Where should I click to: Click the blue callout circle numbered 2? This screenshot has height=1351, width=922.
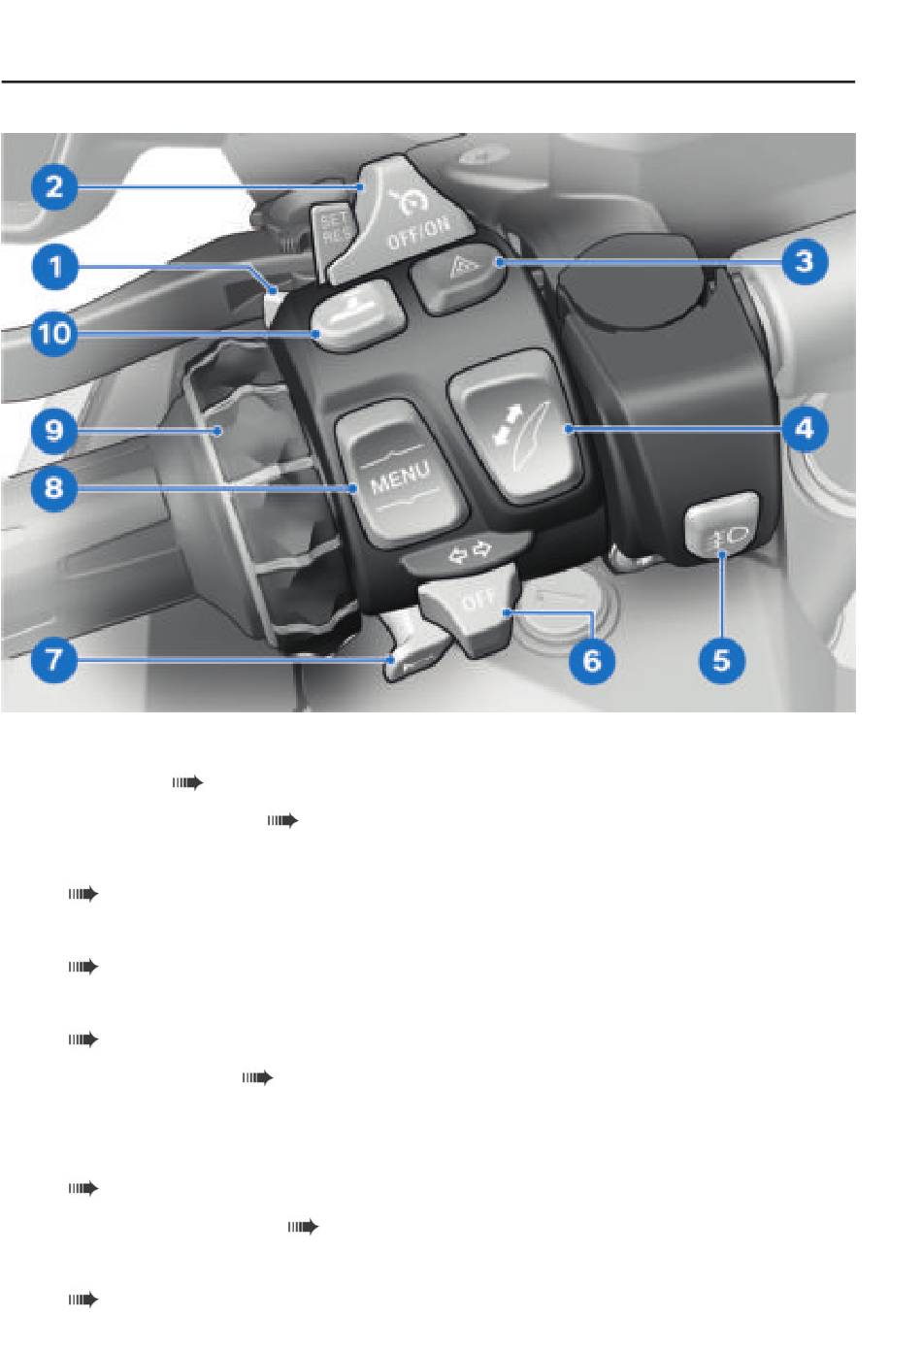54,186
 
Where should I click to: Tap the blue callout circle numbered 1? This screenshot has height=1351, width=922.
54,266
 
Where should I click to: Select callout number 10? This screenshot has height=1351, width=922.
54,332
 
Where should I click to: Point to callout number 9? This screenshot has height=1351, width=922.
54,431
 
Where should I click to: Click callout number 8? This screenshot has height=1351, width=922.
54,486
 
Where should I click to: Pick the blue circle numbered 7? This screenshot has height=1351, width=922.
54,659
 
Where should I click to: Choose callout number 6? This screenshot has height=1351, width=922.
592,660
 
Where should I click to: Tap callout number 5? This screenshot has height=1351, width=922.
722,660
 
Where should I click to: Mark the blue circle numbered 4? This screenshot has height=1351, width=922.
805,429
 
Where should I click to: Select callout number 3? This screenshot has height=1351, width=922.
805,262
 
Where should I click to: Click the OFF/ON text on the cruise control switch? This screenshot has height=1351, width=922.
418,233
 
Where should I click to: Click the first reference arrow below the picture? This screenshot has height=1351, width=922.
187,783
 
